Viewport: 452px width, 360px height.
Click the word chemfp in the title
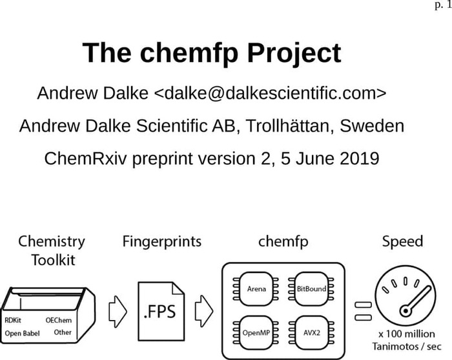(x=189, y=53)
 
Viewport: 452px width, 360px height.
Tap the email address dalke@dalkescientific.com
(x=270, y=93)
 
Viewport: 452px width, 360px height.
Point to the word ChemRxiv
(x=85, y=159)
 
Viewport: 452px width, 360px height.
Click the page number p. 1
(x=443, y=5)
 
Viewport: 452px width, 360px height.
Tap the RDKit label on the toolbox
(x=13, y=320)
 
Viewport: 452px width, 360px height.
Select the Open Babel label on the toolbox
(x=22, y=333)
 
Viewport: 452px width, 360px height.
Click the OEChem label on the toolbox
(x=59, y=320)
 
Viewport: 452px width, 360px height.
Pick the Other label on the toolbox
(x=63, y=332)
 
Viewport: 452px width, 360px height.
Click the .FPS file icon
(x=161, y=312)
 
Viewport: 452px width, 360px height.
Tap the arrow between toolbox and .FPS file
(x=118, y=312)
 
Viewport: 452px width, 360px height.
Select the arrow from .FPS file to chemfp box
(x=204, y=311)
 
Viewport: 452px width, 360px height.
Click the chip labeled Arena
(x=256, y=289)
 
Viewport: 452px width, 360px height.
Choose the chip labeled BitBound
(x=311, y=289)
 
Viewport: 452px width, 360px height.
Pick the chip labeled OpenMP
(x=256, y=333)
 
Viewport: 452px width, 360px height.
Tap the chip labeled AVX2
(x=311, y=333)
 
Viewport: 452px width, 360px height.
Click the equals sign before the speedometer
(x=363, y=311)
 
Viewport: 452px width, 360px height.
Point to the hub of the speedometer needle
(x=406, y=311)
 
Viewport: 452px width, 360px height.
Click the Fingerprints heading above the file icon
(x=162, y=241)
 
